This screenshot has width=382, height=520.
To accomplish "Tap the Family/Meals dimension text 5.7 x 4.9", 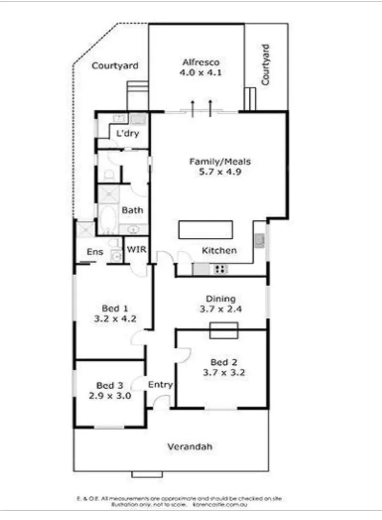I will tap(221, 172).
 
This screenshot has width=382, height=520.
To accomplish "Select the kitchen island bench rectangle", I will tap(206, 230).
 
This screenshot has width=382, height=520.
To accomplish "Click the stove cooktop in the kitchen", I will tap(220, 269).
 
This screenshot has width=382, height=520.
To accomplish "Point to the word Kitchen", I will tap(219, 251).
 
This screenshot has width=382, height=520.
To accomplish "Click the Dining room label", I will tap(220, 299).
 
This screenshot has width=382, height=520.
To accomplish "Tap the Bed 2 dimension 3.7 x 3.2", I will tap(224, 373).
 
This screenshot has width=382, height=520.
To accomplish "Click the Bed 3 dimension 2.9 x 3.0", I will tap(110, 396).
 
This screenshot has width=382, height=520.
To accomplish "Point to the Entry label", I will tap(160, 385).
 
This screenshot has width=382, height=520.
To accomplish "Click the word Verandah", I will tap(189, 447).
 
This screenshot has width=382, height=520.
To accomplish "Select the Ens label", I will tap(95, 252).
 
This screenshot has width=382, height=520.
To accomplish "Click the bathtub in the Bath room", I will tap(107, 220).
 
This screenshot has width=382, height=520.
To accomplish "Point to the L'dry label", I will tap(127, 133).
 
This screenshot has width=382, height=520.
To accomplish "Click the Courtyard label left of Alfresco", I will tap(115, 65).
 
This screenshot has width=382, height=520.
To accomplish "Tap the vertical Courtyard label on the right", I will tap(265, 65).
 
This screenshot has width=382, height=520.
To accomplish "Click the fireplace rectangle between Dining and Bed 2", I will tap(224, 330).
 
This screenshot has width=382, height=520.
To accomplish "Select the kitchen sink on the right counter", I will tap(259, 240).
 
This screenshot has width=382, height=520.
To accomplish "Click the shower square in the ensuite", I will tap(85, 229).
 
